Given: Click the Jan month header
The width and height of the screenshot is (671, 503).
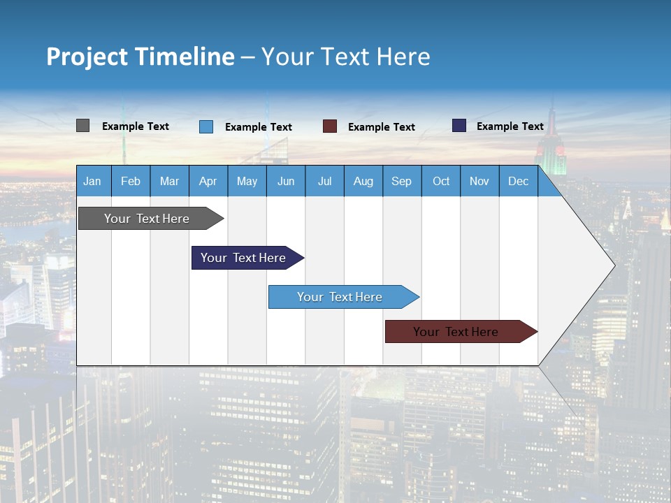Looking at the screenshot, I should pyautogui.click(x=92, y=181).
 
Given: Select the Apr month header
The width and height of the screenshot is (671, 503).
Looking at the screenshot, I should pyautogui.click(x=208, y=181).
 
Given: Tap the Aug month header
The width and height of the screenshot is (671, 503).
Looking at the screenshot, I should pyautogui.click(x=363, y=181).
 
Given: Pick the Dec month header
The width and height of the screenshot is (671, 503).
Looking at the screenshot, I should pyautogui.click(x=518, y=181).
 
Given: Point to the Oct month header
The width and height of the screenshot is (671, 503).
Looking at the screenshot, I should pyautogui.click(x=441, y=181).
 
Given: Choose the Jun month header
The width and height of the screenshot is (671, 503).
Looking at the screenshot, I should pyautogui.click(x=286, y=181).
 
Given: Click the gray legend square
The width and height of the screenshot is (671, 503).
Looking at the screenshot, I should pyautogui.click(x=83, y=126).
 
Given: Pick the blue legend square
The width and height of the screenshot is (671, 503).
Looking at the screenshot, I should pyautogui.click(x=206, y=126).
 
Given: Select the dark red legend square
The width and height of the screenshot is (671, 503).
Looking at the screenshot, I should pyautogui.click(x=330, y=126).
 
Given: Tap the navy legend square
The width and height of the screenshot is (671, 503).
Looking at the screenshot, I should pyautogui.click(x=459, y=126).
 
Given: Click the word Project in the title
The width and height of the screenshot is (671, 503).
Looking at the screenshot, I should pyautogui.click(x=86, y=56).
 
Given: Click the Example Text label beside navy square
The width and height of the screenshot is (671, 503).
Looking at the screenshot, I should pyautogui.click(x=510, y=126).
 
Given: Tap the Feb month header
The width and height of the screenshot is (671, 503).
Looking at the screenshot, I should pyautogui.click(x=131, y=181).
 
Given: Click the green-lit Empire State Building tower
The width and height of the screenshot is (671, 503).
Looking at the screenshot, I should pyautogui.click(x=551, y=150).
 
